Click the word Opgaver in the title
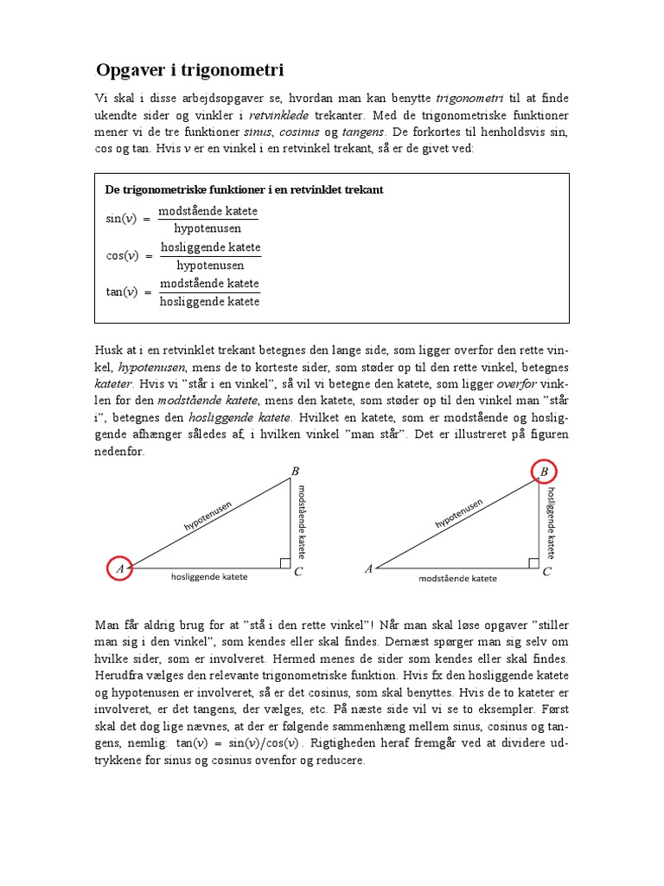pos(132,70)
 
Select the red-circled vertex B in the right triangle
pos(544,472)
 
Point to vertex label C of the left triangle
pos(297,572)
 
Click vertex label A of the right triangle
pos(369,568)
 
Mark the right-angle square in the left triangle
pos(284,563)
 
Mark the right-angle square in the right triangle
pos(534,563)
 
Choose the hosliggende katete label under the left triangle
pos(209,577)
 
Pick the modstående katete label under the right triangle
pos(457,578)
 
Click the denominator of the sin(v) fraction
pos(207,228)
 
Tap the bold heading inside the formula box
pos(244,189)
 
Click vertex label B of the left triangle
pos(295,471)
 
